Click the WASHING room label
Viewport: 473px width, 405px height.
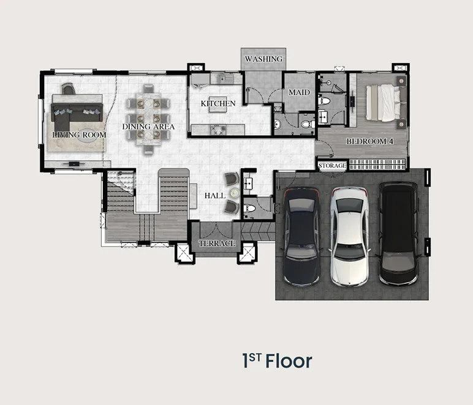(263, 59)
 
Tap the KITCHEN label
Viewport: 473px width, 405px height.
(218, 103)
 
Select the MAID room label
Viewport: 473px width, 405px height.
(299, 92)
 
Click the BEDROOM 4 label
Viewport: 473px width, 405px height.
(370, 141)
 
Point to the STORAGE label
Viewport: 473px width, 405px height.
(332, 166)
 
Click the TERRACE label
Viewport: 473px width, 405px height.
(217, 243)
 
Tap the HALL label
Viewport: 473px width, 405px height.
(215, 195)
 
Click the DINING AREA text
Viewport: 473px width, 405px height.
(148, 127)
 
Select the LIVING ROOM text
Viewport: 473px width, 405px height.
(79, 135)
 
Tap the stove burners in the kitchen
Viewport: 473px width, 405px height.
(218, 130)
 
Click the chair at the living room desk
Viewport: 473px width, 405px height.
(68, 89)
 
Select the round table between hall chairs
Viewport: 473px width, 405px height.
(235, 193)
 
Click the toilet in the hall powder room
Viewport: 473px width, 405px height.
(250, 208)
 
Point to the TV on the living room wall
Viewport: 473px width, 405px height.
(74, 164)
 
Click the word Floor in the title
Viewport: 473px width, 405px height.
(289, 362)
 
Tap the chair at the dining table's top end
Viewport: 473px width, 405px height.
(148, 89)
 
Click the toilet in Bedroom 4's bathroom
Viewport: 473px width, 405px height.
(324, 100)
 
